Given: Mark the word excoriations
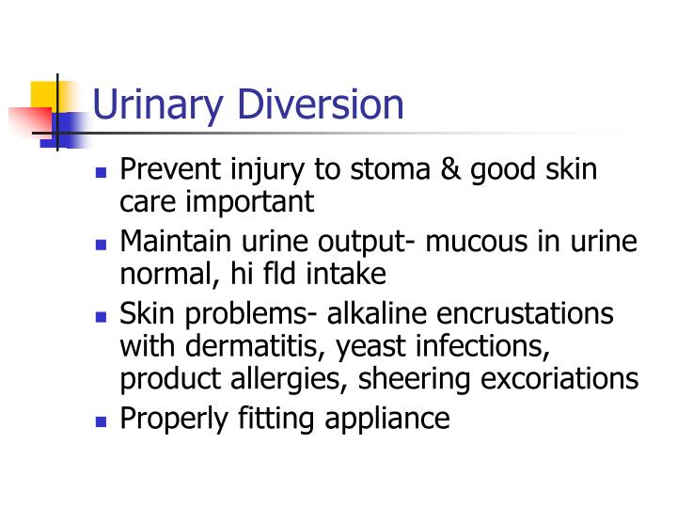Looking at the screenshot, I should [x=569, y=378].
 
